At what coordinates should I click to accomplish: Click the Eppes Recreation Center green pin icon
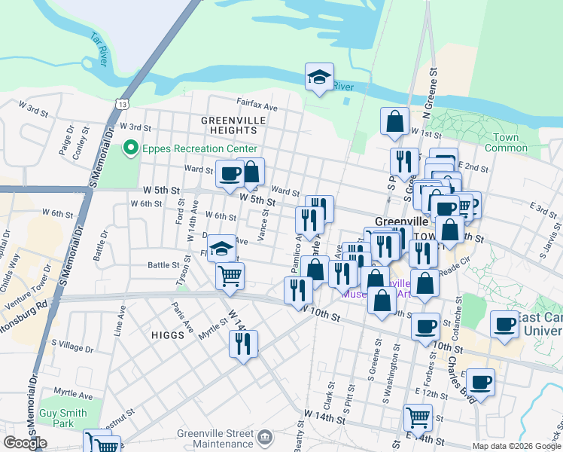[x=132, y=148]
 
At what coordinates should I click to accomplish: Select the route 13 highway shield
[x=122, y=102]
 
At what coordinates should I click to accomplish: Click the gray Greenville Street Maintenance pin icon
[x=265, y=436]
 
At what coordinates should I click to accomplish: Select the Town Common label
[x=507, y=142]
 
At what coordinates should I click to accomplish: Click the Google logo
[x=25, y=443]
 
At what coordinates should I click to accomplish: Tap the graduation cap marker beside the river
[x=319, y=76]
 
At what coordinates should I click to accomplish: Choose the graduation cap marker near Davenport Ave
[x=222, y=248]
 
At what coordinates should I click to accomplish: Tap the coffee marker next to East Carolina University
[x=504, y=323]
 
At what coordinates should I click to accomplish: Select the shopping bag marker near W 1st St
[x=394, y=121]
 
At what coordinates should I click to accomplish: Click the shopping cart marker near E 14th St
[x=417, y=416]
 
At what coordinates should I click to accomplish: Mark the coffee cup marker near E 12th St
[x=480, y=380]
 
